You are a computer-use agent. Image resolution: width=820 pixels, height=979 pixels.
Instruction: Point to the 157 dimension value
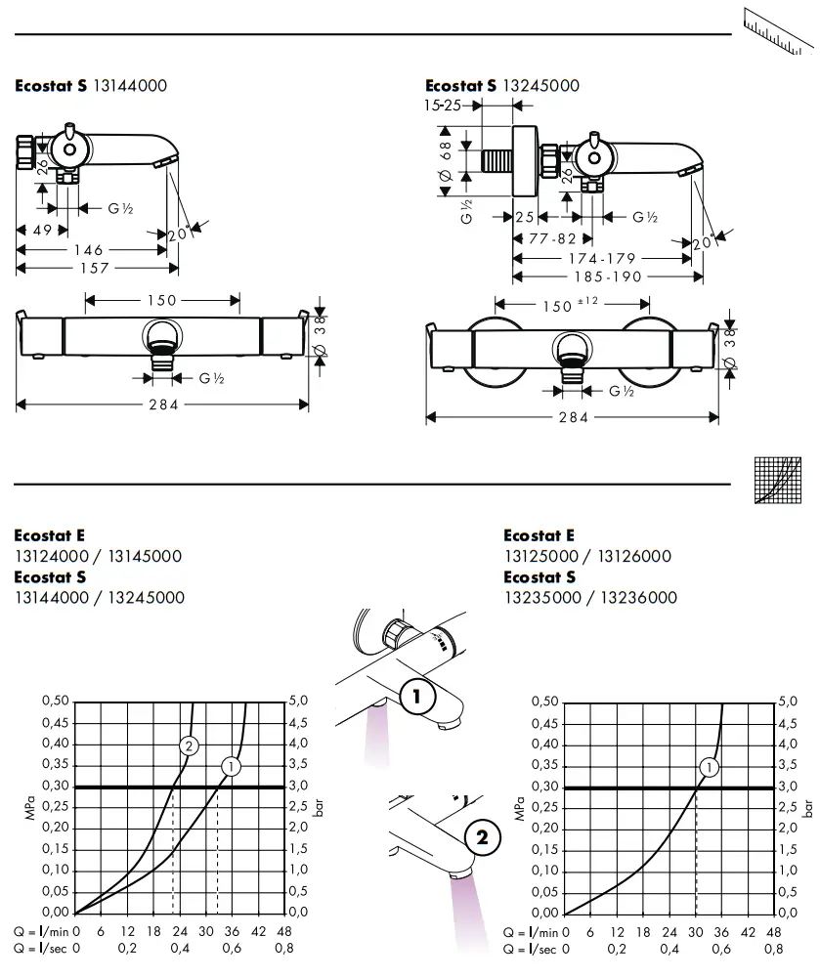[95, 268]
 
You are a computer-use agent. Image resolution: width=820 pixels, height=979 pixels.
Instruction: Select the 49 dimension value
[40, 231]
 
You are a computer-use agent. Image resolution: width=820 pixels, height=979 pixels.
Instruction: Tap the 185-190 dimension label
[607, 277]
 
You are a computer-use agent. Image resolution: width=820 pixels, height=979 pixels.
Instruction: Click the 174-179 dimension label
[602, 258]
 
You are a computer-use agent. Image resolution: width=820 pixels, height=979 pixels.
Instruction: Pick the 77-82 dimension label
[553, 238]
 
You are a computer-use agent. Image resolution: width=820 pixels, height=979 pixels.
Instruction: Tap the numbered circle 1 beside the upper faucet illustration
[417, 697]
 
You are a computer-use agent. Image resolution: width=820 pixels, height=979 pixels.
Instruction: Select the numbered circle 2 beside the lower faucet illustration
[480, 837]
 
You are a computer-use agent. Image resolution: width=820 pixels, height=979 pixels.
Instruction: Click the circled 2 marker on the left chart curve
[190, 745]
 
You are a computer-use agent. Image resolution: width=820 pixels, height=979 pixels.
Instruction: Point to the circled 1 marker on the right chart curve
[710, 767]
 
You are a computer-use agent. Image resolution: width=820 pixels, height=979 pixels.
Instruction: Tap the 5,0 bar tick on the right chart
[787, 702]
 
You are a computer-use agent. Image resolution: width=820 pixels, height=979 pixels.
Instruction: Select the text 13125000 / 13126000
[587, 556]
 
